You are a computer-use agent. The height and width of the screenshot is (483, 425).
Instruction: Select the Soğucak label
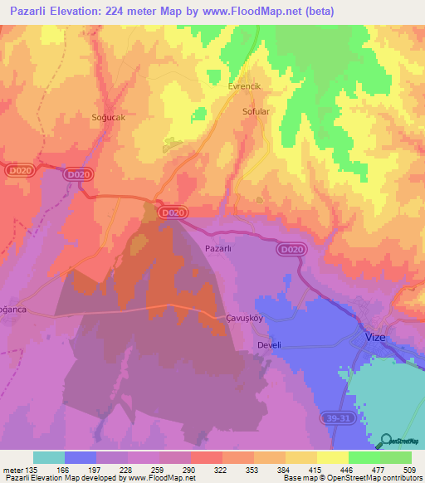coord(108,118)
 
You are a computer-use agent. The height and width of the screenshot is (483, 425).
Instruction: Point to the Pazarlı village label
coord(217,248)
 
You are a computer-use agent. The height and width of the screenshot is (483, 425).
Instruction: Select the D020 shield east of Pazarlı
coord(291,249)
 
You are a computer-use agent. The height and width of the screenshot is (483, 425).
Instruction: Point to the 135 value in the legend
coord(32,470)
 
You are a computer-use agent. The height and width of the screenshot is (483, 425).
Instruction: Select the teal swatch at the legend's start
coord(49,457)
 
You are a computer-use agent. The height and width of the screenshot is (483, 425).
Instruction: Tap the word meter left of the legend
coord(12,470)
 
